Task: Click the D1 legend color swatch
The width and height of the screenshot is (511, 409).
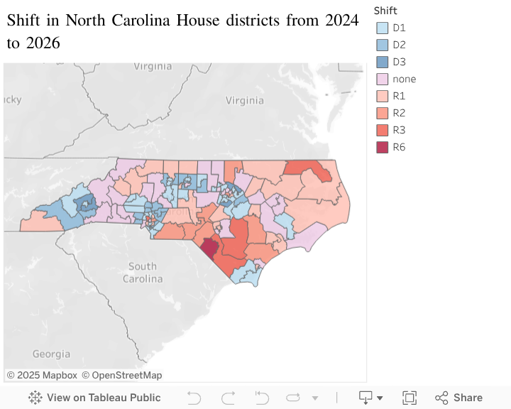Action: tap(383, 28)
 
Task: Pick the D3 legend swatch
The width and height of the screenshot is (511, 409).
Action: tap(383, 62)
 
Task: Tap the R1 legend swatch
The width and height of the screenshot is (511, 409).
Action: tap(383, 97)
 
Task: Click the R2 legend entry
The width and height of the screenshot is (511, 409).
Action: tap(399, 114)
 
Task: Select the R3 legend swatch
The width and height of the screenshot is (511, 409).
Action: tap(383, 131)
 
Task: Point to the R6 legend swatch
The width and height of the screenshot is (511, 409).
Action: tap(383, 148)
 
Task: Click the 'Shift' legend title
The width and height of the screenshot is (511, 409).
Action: tap(385, 11)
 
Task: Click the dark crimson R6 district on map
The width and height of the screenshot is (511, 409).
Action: tap(209, 248)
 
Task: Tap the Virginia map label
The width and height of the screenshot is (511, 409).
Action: tap(153, 66)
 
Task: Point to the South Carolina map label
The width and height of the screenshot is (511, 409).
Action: tap(143, 273)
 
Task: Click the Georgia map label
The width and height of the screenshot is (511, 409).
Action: tap(51, 354)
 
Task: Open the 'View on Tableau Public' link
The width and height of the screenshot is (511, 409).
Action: tap(94, 398)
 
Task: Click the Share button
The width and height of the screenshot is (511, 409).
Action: tap(459, 398)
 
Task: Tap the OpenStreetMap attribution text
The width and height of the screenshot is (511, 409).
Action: tap(121, 375)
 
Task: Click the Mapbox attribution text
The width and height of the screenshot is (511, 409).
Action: tap(42, 375)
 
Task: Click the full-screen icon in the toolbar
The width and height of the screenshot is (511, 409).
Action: tap(410, 398)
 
